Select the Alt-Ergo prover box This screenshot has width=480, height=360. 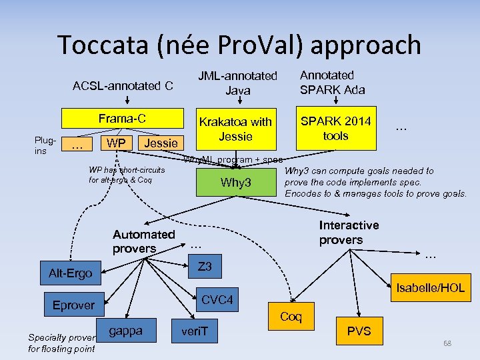pyautogui.click(x=70, y=273)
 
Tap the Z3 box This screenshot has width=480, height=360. pyautogui.click(x=205, y=267)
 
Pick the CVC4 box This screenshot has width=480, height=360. pyautogui.click(x=217, y=301)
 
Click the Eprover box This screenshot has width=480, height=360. pyautogui.click(x=73, y=305)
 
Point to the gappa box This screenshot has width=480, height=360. pyautogui.click(x=125, y=331)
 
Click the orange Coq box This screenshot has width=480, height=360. pyautogui.click(x=291, y=317)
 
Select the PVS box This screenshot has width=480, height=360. pyautogui.click(x=359, y=331)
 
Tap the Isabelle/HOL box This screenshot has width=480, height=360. pyautogui.click(x=429, y=288)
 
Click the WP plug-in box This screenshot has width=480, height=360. pyautogui.click(x=117, y=143)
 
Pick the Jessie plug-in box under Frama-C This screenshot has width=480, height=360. pyautogui.click(x=161, y=143)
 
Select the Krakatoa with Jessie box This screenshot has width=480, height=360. pyautogui.click(x=235, y=129)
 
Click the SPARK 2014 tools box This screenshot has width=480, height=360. pyautogui.click(x=335, y=128)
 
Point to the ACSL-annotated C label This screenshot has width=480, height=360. pyautogui.click(x=123, y=85)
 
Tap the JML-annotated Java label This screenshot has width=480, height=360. pyautogui.click(x=237, y=83)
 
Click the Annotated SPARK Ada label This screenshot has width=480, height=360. pyautogui.click(x=332, y=82)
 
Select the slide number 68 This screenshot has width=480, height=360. pyautogui.click(x=447, y=343)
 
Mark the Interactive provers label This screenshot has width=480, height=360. pyautogui.click(x=349, y=233)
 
